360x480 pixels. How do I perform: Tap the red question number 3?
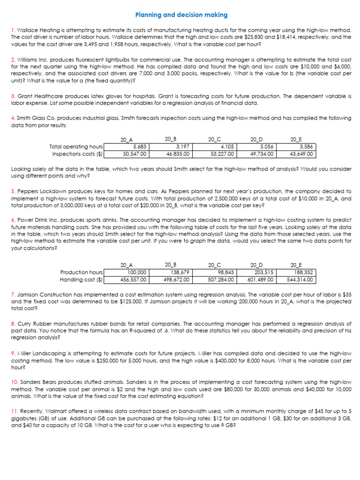12,96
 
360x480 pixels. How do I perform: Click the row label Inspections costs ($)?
77,153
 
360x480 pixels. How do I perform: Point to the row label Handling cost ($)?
82,280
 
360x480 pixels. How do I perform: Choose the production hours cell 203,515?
256,272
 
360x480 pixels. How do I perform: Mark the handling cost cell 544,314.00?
297,280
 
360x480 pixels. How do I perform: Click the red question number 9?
12,352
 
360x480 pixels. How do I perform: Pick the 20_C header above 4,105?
214,139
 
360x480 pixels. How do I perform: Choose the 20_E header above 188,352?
297,265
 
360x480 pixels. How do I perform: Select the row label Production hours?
81,272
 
